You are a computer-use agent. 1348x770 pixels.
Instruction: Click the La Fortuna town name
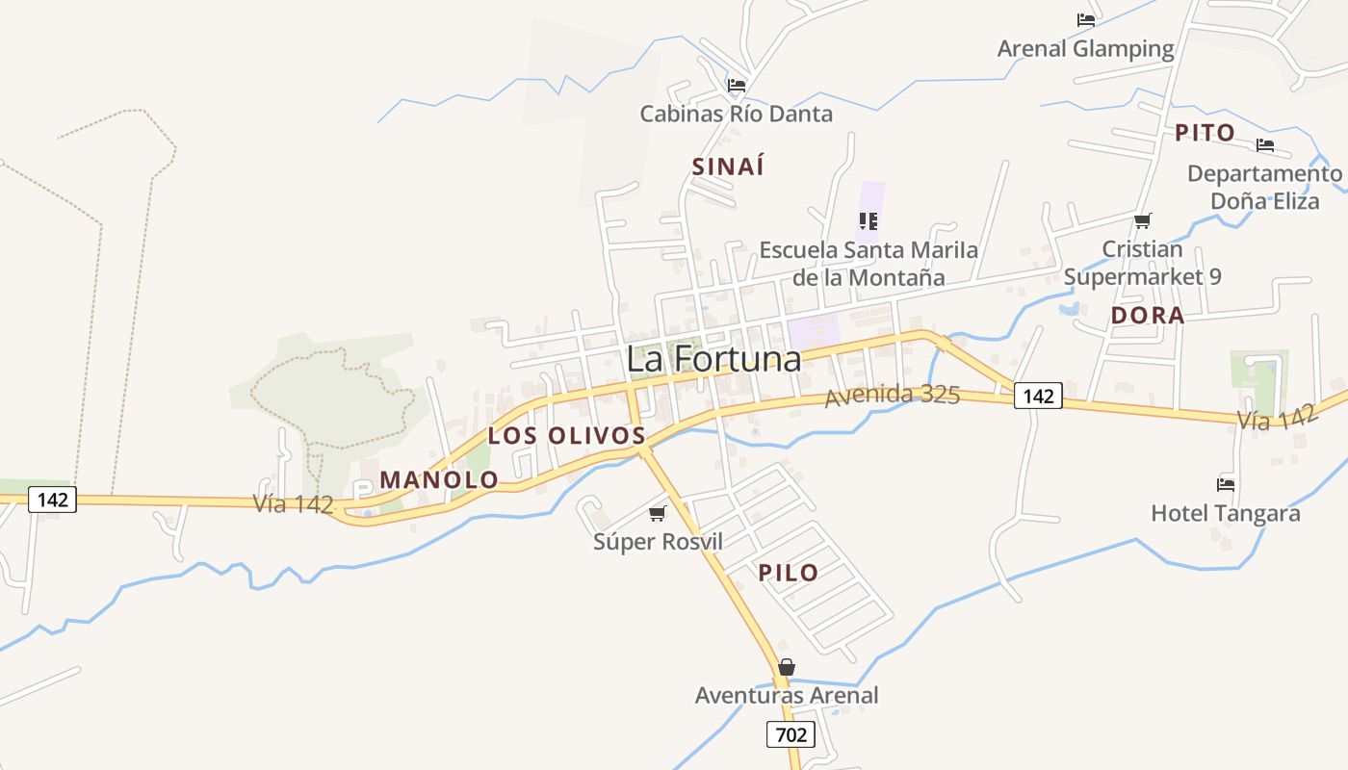(713, 359)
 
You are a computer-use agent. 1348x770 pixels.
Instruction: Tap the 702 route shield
(791, 735)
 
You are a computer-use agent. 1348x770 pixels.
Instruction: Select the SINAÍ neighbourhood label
(728, 167)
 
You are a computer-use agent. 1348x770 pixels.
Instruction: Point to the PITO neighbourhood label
(1205, 133)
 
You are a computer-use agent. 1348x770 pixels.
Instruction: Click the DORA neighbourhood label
(1147, 316)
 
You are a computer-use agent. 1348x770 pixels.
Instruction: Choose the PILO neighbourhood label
(789, 573)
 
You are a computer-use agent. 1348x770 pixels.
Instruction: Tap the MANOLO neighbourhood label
(439, 479)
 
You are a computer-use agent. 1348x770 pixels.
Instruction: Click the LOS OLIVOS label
(566, 435)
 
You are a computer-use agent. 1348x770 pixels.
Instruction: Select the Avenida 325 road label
(893, 395)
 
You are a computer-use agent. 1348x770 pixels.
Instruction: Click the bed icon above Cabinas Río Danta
(737, 86)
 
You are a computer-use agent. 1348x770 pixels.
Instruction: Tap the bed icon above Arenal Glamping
(1086, 20)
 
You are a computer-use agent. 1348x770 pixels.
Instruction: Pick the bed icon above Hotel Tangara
(1226, 484)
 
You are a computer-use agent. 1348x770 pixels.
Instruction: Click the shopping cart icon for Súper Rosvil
(658, 513)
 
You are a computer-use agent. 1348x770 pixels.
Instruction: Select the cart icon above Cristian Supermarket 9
(1143, 220)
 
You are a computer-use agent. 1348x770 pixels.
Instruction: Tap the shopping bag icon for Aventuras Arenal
(787, 667)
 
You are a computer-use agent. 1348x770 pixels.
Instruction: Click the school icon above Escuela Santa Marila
(868, 221)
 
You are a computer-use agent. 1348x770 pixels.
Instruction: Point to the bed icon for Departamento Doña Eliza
(1265, 145)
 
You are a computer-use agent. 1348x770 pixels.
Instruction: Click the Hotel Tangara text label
(1226, 513)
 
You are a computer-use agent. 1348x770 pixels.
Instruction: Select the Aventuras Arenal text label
(787, 695)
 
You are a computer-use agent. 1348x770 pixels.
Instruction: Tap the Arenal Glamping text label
(1086, 48)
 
